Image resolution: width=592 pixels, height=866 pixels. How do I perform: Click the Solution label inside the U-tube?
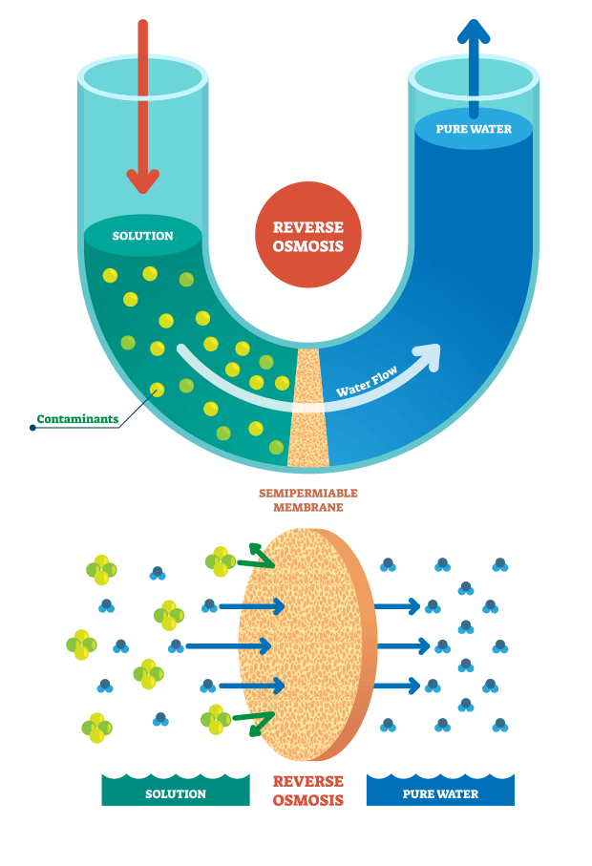coord(143,236)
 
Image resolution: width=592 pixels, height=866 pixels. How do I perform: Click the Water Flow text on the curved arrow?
coord(365,385)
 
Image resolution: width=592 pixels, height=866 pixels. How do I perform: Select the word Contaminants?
coord(77,419)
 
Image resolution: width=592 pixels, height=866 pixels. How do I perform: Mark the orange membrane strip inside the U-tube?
coord(307,411)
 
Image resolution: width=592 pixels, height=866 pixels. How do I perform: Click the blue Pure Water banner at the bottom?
coord(440,792)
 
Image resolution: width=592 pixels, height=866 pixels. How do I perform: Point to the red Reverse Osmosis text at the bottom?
coord(307,791)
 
